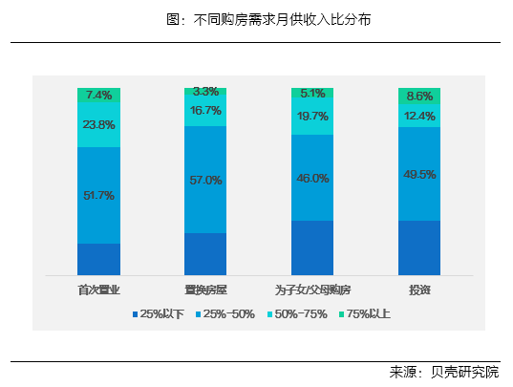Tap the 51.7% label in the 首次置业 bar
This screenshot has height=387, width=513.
[98, 195]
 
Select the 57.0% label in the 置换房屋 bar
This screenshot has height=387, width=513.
[205, 180]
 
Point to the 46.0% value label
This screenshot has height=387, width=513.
[312, 178]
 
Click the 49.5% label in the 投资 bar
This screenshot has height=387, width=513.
[419, 174]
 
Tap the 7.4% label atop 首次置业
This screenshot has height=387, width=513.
[98, 95]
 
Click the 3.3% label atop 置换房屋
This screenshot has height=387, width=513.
[205, 92]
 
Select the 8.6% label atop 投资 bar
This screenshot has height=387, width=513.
[419, 96]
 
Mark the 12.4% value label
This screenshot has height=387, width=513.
[419, 116]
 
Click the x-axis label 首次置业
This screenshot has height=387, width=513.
[98, 290]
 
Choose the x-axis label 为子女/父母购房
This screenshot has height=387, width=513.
[312, 290]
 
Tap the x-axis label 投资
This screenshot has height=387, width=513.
[419, 290]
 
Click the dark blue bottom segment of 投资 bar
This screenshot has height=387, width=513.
[419, 247]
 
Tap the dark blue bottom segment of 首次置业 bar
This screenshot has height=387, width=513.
[98, 259]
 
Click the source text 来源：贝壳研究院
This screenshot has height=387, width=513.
[444, 372]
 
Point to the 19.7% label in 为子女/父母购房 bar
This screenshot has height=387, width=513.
[312, 116]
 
